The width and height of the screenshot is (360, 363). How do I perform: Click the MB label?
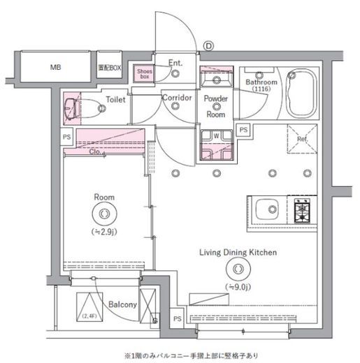point(55,68)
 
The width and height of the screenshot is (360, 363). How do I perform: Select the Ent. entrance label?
point(175,63)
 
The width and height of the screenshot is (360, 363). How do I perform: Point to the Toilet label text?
point(115,100)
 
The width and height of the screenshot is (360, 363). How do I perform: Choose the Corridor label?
point(176,98)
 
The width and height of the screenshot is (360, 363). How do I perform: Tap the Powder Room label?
point(215,104)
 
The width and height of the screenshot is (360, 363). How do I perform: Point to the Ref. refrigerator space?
point(302,140)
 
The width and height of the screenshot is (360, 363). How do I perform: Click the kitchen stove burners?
point(304,209)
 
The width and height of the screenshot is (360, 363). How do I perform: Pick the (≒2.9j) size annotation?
point(104,231)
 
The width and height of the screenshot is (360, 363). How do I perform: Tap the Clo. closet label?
point(96,151)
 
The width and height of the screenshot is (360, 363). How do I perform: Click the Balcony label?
point(122,305)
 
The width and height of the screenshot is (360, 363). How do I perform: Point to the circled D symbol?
point(208,47)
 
